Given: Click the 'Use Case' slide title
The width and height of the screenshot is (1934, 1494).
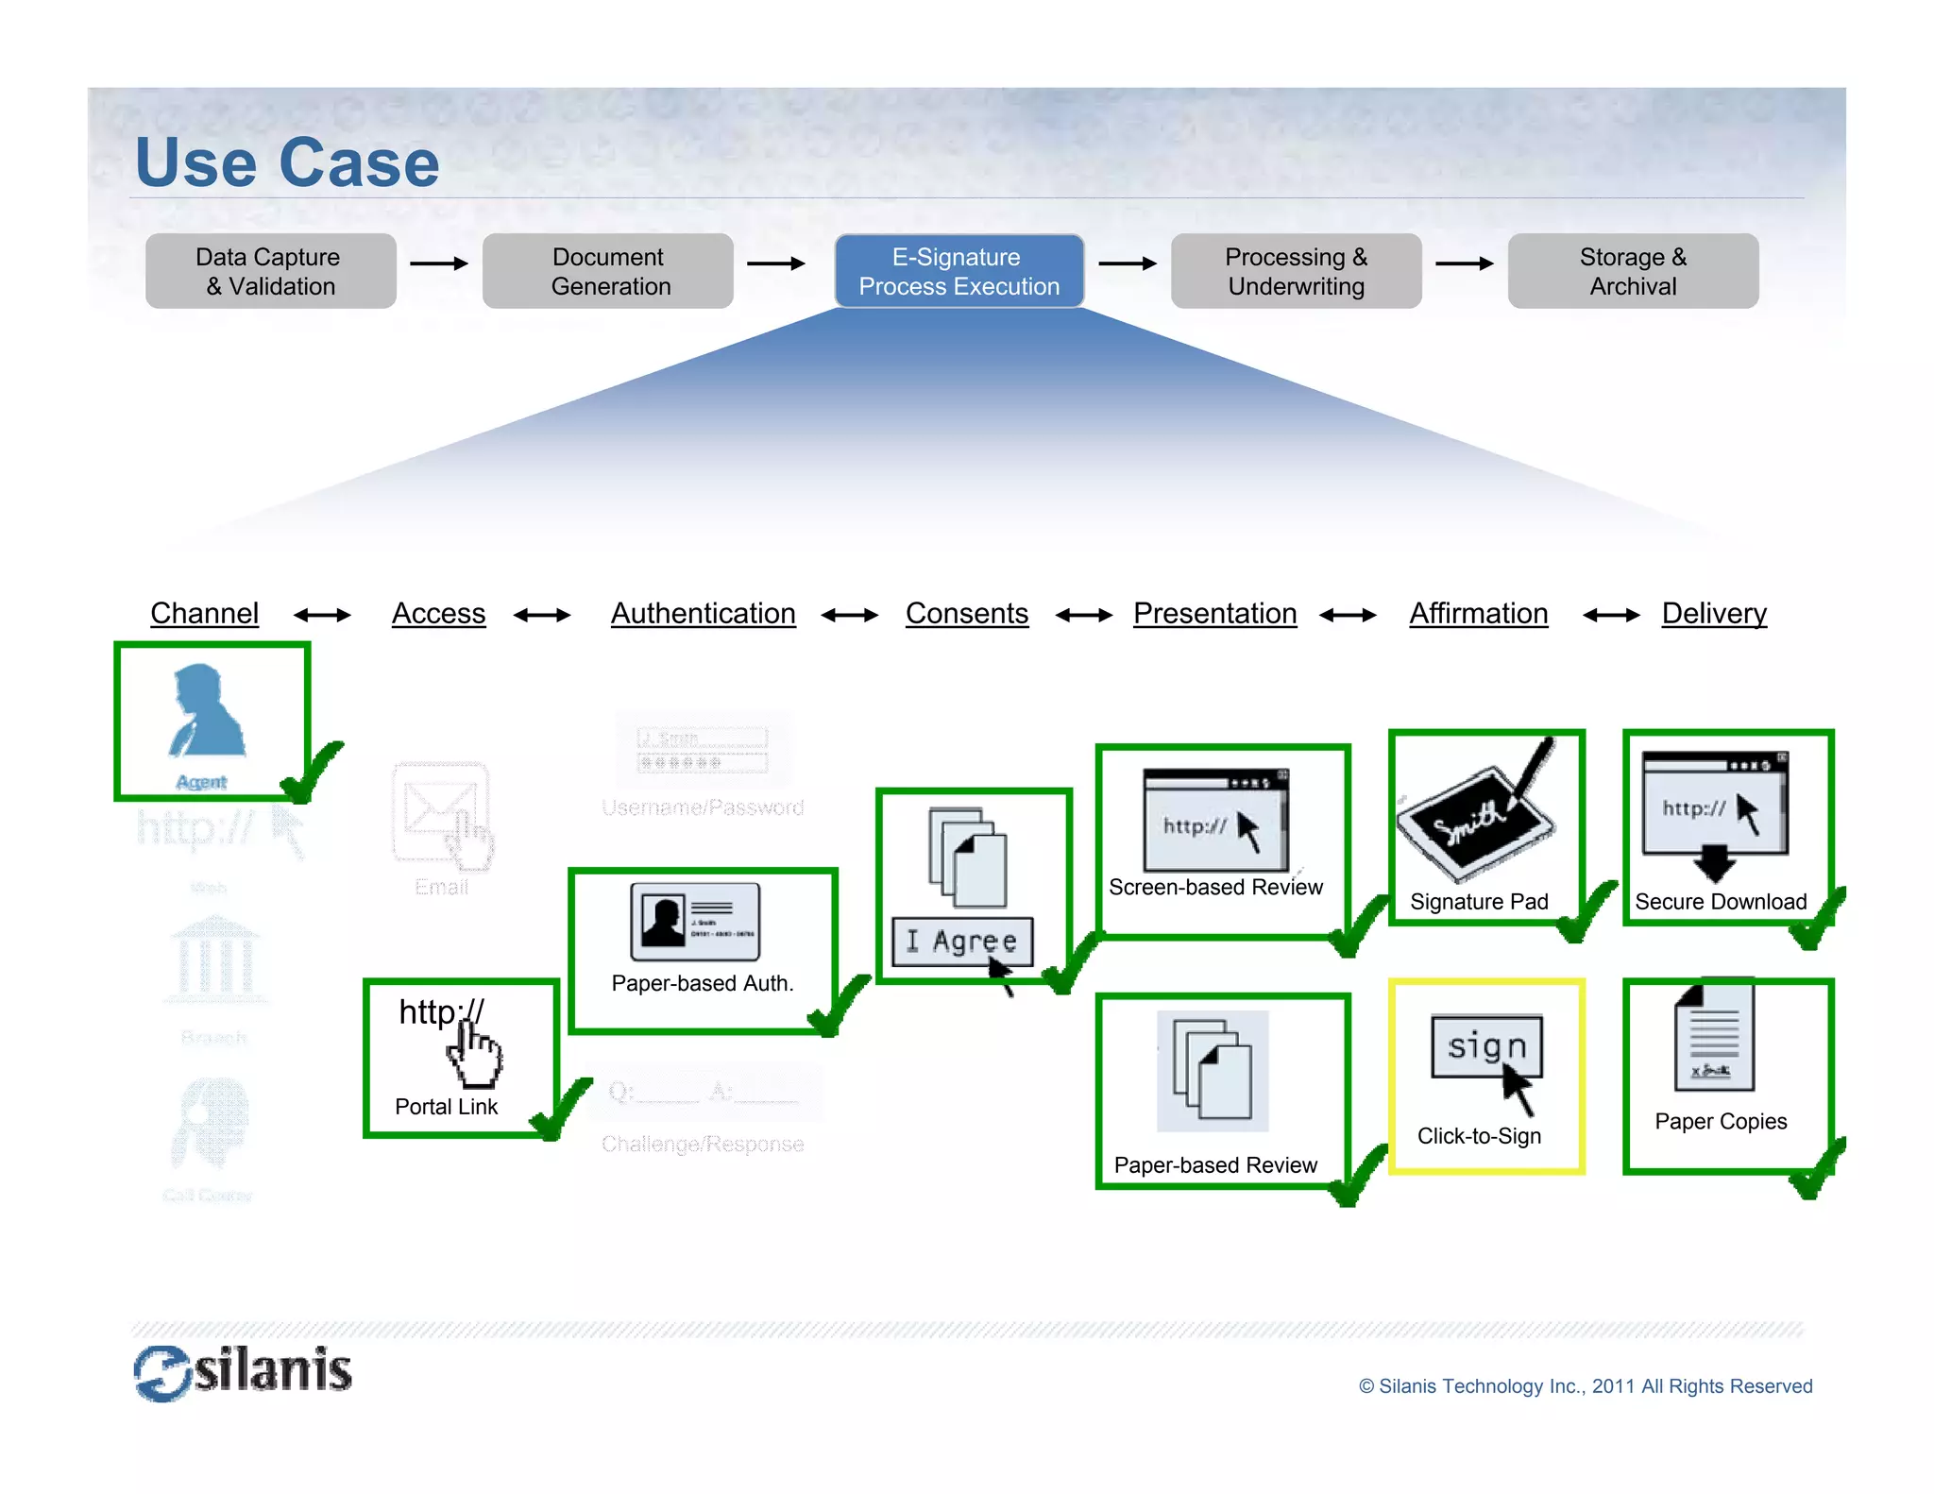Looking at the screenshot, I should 287,162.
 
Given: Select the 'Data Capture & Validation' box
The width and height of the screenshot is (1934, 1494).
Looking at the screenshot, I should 270,271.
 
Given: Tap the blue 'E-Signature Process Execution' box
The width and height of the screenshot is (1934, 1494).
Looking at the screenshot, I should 959,271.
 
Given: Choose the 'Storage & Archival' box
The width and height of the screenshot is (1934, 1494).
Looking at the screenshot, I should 1632,271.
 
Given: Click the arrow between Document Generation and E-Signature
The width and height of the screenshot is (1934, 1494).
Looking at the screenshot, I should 774,263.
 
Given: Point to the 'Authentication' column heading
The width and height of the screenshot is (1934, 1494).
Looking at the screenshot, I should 703,614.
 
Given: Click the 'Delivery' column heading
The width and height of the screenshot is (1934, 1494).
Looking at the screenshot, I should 1713,614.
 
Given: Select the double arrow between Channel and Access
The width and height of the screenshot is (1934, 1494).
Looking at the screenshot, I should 322,616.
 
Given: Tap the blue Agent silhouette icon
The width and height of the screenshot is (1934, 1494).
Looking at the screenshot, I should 206,710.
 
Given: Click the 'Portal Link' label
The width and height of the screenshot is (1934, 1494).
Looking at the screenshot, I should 446,1107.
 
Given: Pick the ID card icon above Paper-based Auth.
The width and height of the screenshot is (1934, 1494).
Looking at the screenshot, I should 695,921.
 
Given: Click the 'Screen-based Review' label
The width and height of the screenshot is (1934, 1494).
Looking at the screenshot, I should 1215,888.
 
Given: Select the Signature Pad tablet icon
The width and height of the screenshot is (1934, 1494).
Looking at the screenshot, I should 1477,817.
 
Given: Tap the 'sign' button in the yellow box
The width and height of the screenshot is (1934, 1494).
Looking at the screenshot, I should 1486,1046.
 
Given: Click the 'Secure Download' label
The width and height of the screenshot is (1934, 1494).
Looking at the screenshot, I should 1720,902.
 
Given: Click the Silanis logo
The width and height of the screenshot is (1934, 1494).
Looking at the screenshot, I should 243,1372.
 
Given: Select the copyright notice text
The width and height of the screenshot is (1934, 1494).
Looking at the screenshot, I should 1585,1386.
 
